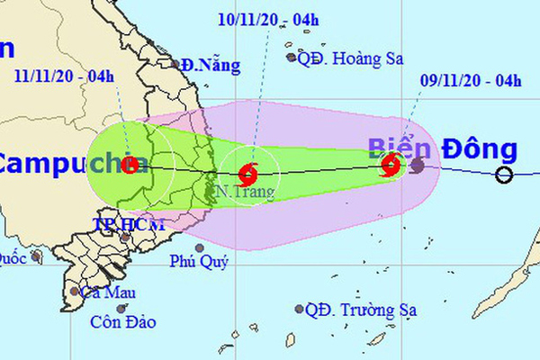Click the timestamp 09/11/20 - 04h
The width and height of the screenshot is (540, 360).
(471, 82)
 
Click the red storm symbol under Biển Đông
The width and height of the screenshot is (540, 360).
(391, 165)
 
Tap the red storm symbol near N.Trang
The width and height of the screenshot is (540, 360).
(250, 171)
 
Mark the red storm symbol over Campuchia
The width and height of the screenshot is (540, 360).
(131, 164)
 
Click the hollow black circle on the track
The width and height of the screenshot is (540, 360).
(504, 175)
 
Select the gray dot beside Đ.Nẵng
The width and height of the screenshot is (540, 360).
(176, 64)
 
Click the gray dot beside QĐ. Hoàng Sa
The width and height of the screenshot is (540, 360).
(292, 58)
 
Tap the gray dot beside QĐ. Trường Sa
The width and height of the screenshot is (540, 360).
(299, 310)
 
